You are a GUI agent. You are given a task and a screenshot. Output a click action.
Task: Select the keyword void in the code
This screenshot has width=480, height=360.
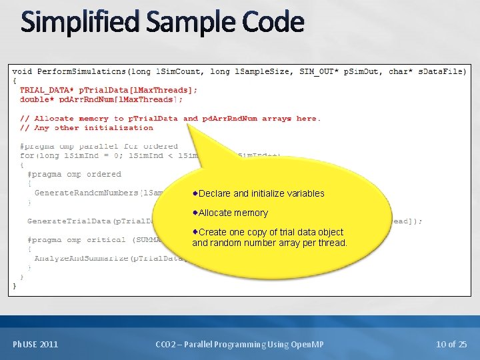(x=22, y=71)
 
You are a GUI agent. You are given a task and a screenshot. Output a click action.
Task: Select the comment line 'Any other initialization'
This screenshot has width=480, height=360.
(x=87, y=128)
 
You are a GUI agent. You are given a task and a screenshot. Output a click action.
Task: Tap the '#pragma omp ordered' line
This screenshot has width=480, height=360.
(x=74, y=174)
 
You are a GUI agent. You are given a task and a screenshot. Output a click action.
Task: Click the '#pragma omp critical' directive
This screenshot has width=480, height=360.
(x=77, y=239)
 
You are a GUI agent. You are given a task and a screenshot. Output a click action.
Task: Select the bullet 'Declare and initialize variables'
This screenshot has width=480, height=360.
(x=261, y=193)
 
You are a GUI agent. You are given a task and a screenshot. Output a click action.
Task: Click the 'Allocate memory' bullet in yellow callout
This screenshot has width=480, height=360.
(x=233, y=213)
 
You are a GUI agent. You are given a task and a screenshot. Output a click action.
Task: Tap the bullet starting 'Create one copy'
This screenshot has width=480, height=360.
(x=269, y=237)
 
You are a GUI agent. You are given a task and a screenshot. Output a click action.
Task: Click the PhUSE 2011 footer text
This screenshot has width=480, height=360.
(x=35, y=344)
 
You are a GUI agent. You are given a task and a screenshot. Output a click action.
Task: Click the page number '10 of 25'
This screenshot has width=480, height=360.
(x=451, y=344)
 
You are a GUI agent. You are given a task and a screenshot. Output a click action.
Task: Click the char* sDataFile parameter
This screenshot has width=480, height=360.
(x=427, y=71)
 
